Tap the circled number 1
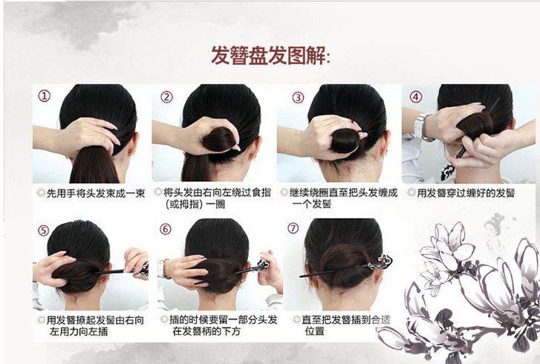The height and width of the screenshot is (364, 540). tap(45, 96)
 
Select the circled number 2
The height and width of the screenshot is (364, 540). tap(166, 97)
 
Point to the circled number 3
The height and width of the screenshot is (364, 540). tap(298, 97)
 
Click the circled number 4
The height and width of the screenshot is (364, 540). tap(416, 97)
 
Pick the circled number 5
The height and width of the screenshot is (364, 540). tap(43, 230)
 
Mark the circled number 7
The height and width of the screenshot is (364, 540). tap(294, 230)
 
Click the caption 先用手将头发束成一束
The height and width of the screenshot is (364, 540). tap(93, 193)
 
